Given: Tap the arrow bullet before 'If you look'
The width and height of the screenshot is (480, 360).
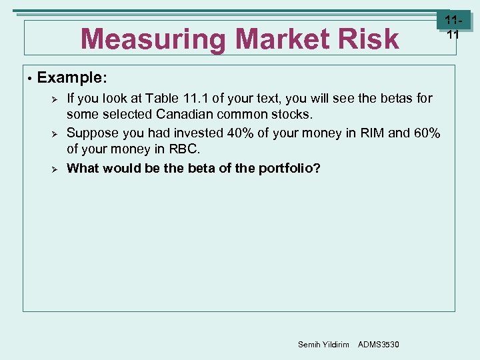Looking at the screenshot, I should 56,99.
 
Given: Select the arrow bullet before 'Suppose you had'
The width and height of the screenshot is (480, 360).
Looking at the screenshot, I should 56,133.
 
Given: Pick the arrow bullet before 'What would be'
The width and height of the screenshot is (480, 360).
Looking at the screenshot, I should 56,168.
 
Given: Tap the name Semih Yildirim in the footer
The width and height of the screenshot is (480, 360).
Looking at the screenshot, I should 323,344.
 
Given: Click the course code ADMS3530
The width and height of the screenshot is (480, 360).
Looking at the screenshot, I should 379,344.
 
